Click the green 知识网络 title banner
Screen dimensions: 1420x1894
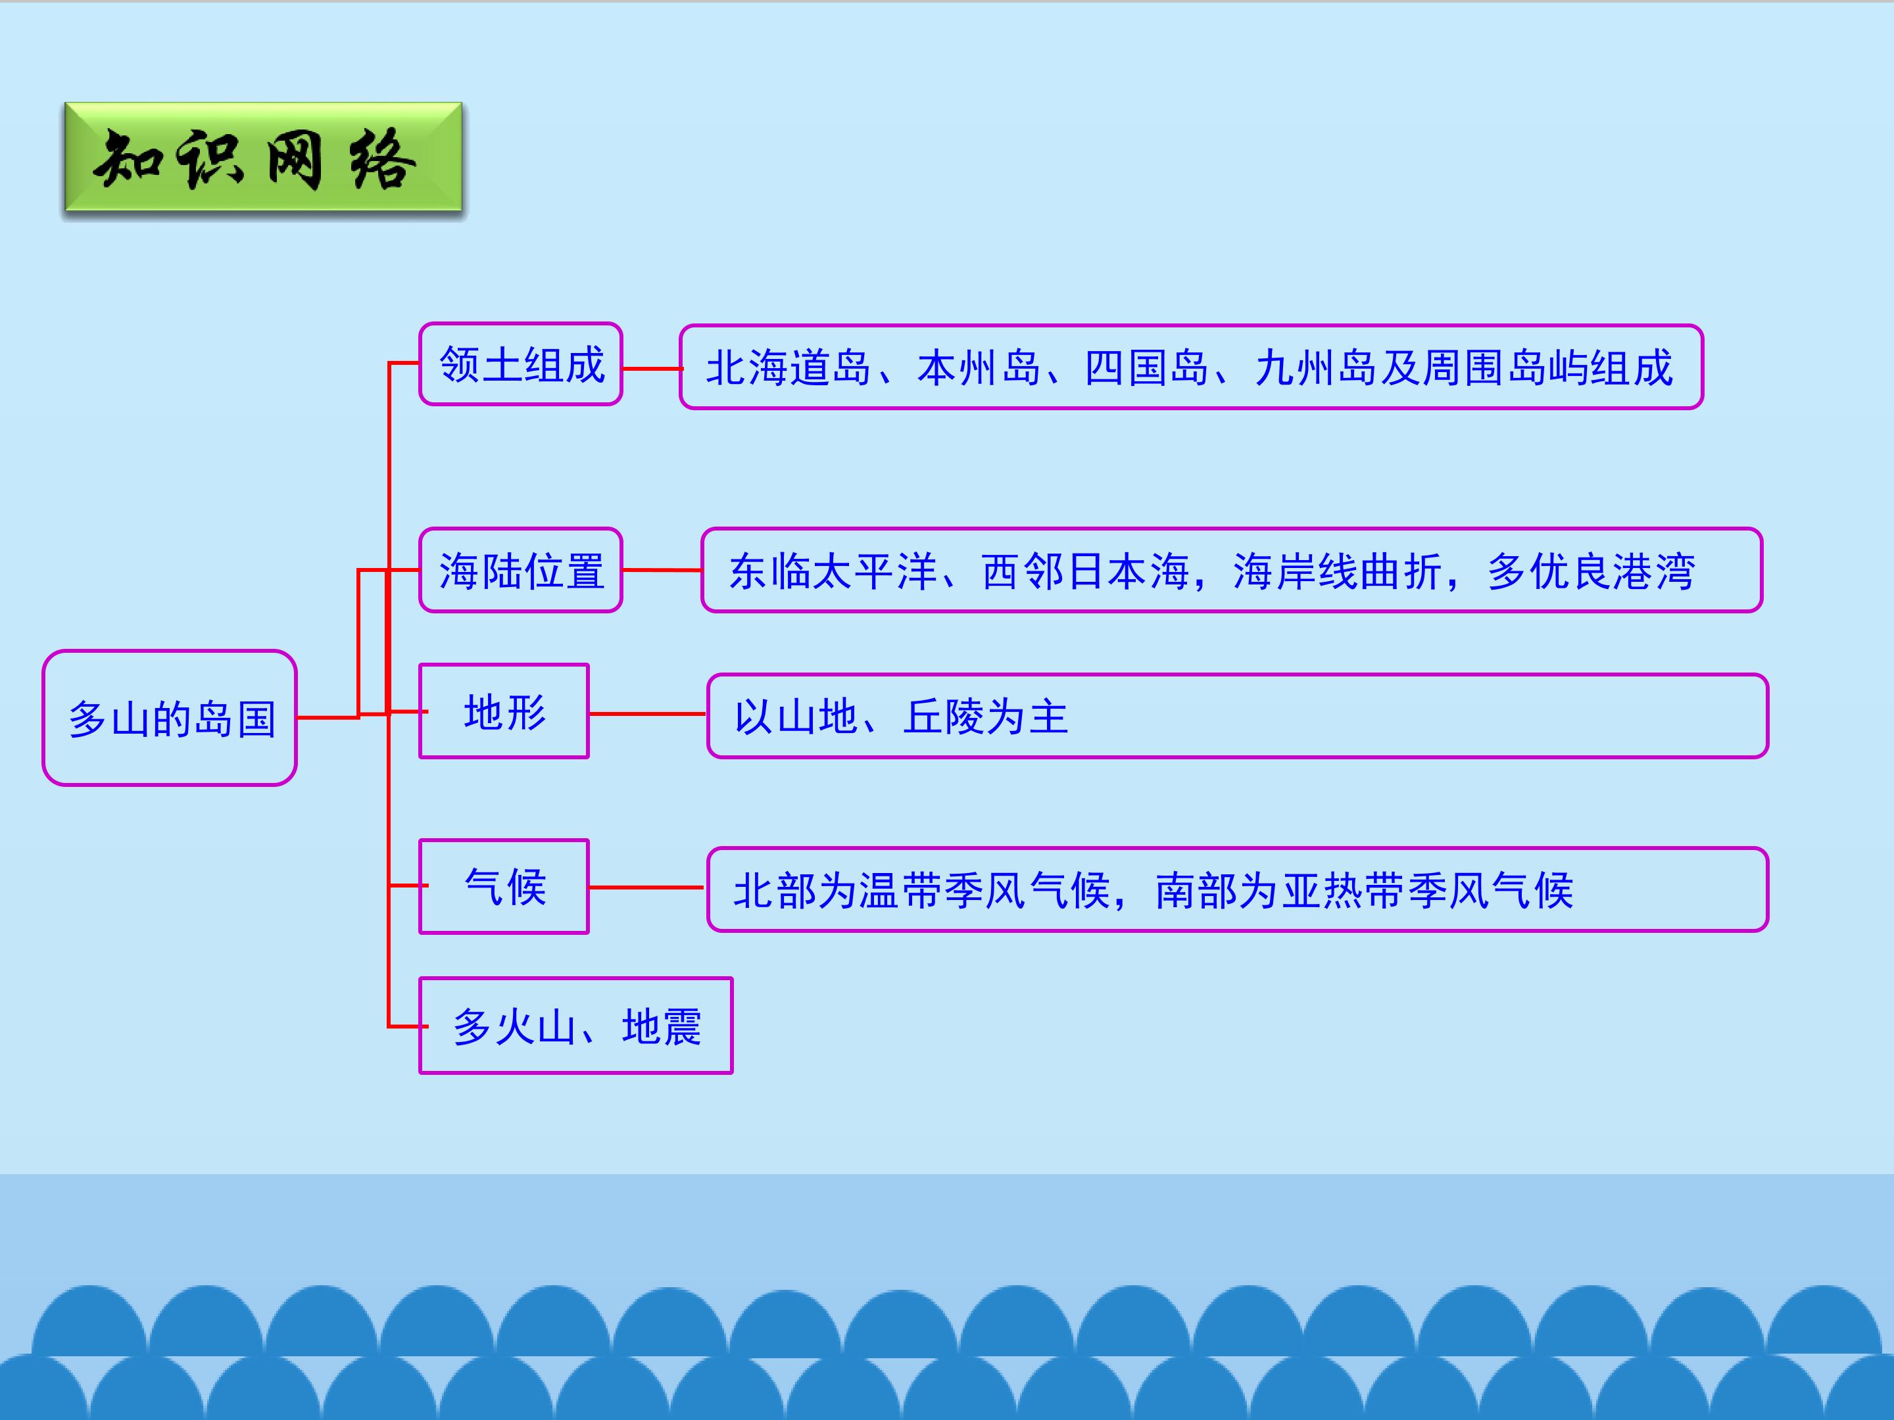tap(263, 158)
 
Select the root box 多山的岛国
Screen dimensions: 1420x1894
tap(170, 717)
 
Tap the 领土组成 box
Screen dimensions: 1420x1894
tap(521, 364)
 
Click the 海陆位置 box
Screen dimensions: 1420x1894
tap(521, 570)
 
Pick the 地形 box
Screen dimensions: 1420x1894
tap(504, 711)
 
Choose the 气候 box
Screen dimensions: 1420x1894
tap(504, 886)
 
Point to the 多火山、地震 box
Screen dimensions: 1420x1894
tap(575, 1026)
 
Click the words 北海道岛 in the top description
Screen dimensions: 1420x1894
tap(788, 368)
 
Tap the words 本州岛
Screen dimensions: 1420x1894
tap(979, 368)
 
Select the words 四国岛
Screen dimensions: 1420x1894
tap(1146, 368)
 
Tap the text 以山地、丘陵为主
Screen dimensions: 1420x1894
tap(901, 717)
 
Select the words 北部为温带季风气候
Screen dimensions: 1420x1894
tap(921, 891)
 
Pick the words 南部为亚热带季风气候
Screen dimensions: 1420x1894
tap(1364, 891)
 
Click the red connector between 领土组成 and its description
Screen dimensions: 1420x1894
tap(651, 369)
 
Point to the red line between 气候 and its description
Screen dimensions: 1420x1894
tap(647, 887)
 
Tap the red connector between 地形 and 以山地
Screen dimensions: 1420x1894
tap(647, 713)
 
